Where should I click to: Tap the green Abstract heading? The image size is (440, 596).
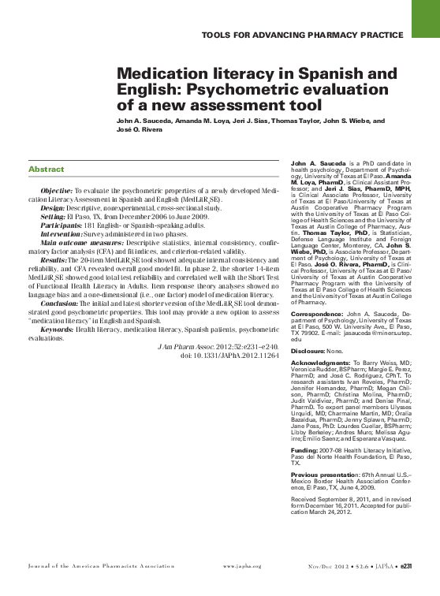coord(46,169)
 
